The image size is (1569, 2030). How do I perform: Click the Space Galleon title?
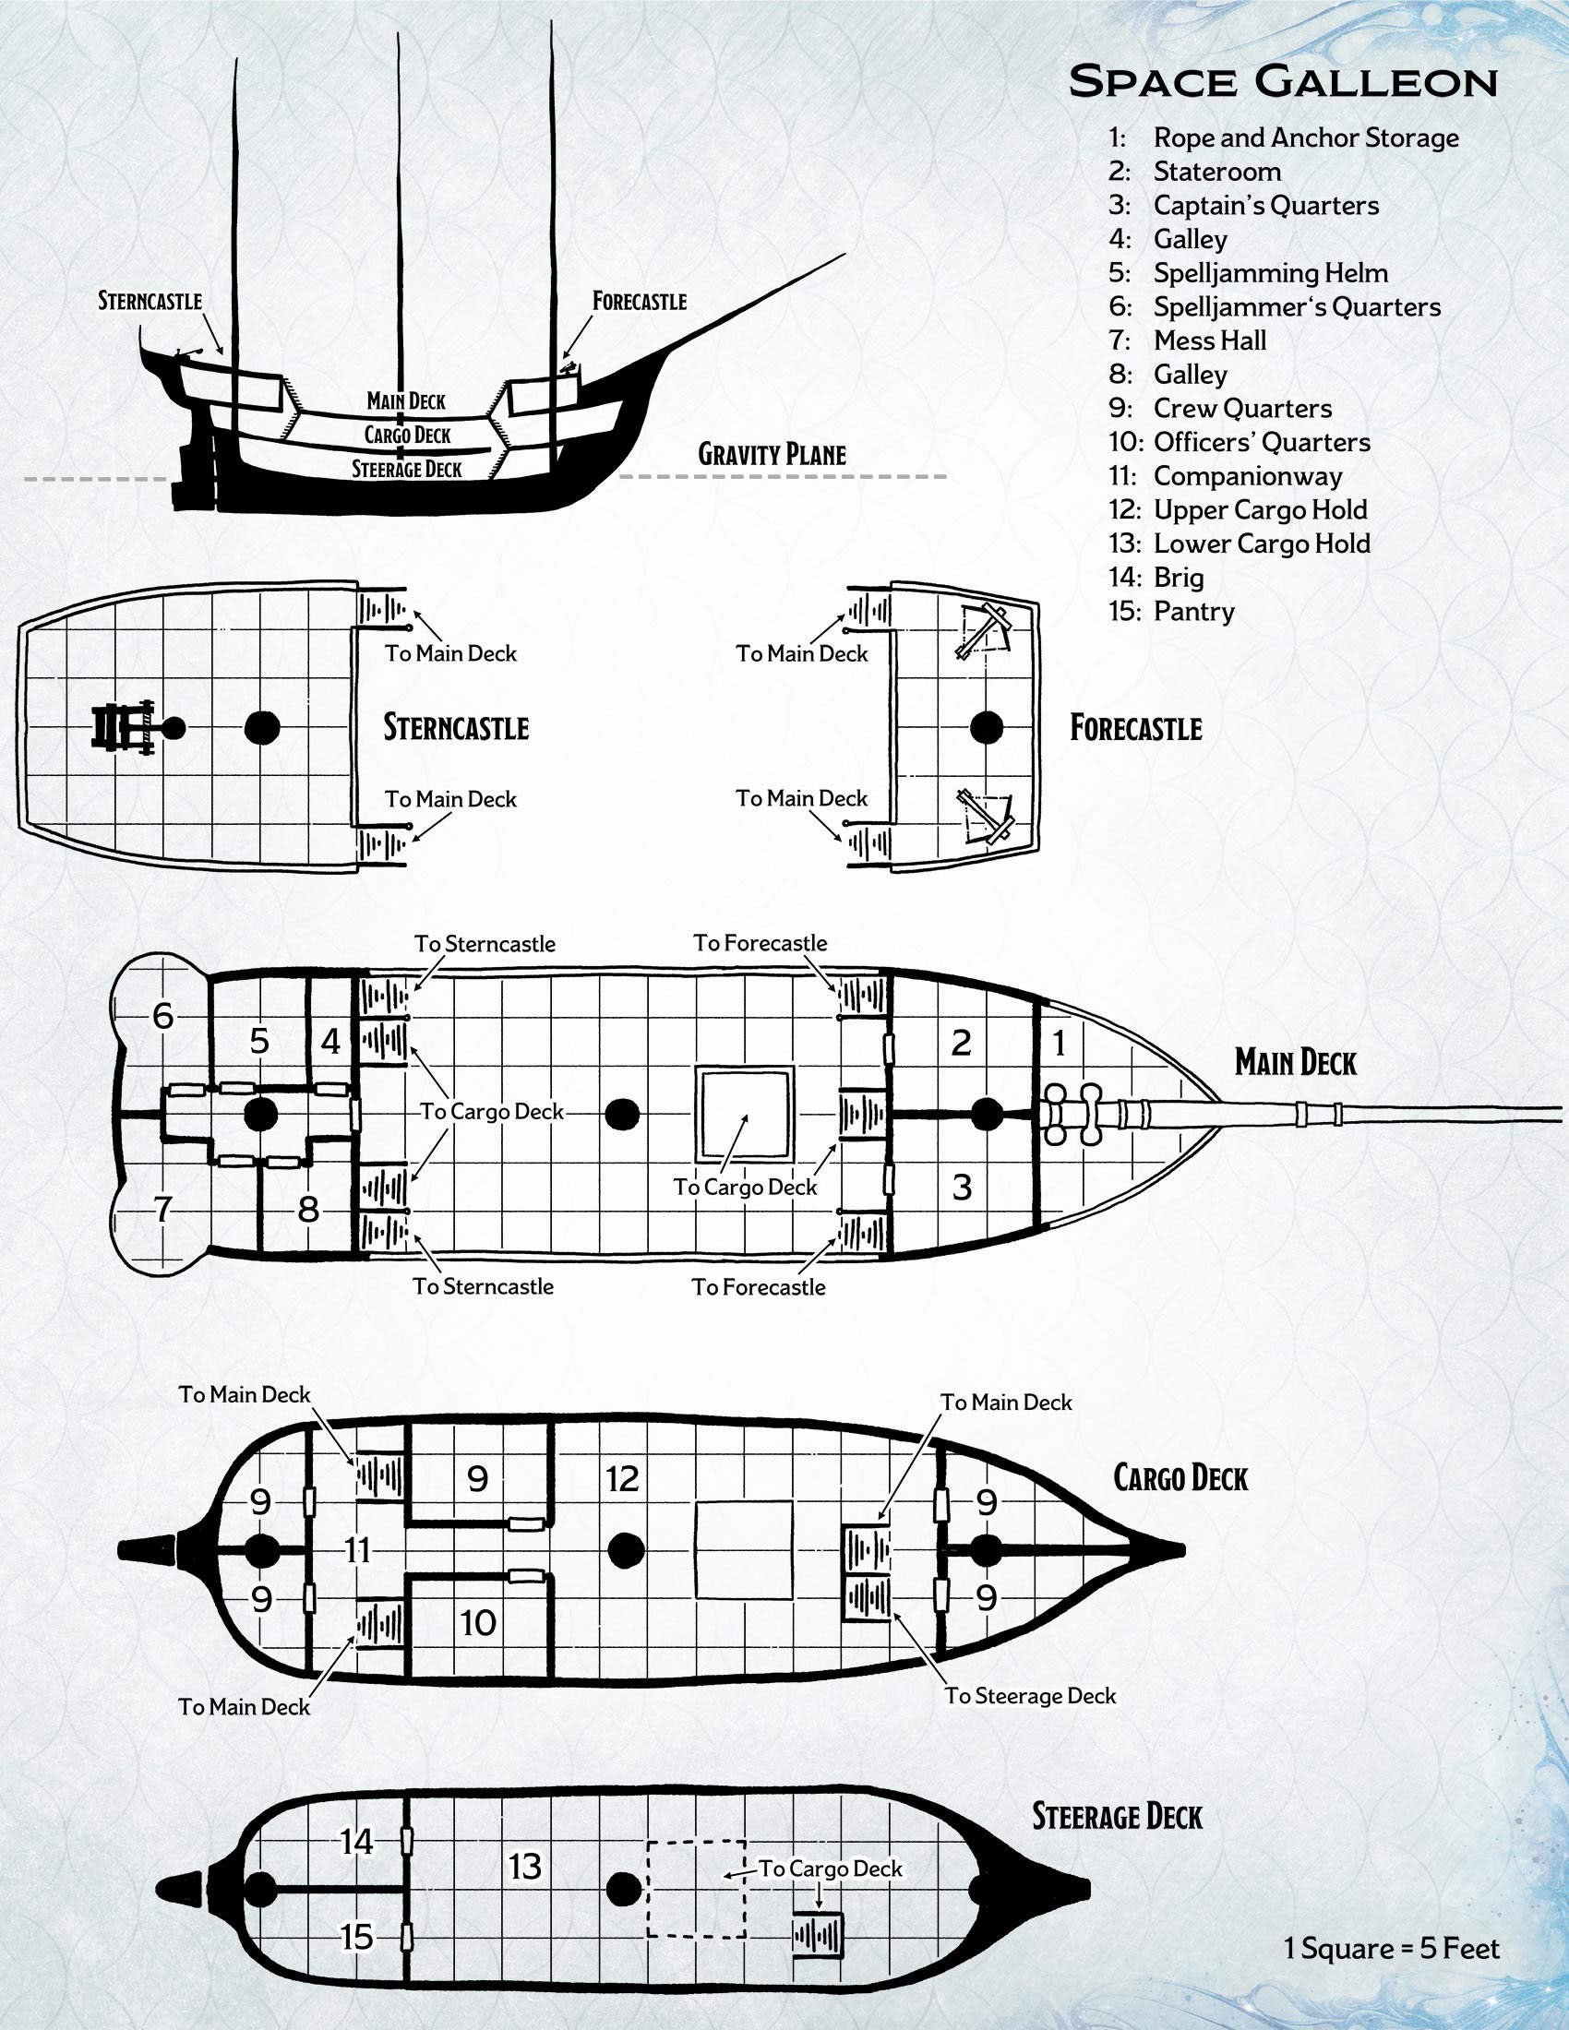[x=1283, y=82]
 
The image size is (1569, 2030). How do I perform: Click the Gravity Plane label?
[x=772, y=455]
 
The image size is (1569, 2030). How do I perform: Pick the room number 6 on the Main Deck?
[x=163, y=1015]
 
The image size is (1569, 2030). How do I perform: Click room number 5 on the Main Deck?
[x=259, y=1040]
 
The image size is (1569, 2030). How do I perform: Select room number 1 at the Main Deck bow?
[x=1058, y=1043]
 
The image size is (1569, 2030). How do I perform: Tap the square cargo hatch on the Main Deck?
[x=745, y=1114]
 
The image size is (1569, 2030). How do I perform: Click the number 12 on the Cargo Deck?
[x=622, y=1478]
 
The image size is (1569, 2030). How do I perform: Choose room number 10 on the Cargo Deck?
[x=478, y=1623]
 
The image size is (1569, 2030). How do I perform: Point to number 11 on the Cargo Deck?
[x=358, y=1549]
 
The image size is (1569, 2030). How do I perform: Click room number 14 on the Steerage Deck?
[x=356, y=1842]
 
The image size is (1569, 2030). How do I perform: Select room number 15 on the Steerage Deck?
[x=357, y=1937]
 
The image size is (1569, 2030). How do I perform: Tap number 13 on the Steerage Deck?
[x=525, y=1866]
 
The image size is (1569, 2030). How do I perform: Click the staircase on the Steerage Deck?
[x=818, y=1936]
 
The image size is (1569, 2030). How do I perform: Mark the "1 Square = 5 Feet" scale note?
[x=1392, y=1948]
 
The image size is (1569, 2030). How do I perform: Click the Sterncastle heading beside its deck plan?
[x=456, y=727]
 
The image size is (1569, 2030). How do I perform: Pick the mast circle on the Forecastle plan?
[x=987, y=727]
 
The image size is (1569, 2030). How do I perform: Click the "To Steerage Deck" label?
[x=1030, y=1695]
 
